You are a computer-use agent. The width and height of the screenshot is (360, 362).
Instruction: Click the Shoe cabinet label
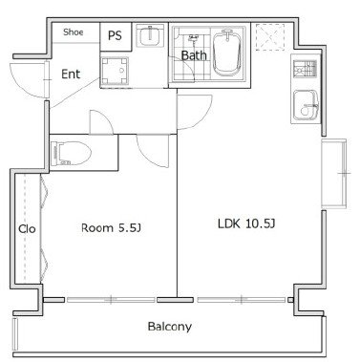coord(74,32)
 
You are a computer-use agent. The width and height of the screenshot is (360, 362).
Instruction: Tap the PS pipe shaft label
coord(115,35)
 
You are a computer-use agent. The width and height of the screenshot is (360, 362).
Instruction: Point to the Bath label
coord(194,55)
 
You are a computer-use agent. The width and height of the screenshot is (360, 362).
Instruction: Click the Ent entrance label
coord(71,75)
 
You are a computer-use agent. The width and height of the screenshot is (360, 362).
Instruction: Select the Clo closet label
coord(27,229)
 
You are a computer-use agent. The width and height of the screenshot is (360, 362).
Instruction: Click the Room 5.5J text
coord(111,228)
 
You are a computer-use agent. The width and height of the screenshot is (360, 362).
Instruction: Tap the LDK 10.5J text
coord(246,224)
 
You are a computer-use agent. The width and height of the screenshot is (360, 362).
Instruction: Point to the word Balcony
coord(170,327)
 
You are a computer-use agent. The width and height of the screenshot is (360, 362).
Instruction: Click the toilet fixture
coord(71,153)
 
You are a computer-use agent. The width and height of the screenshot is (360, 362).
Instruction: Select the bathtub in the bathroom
coord(226,53)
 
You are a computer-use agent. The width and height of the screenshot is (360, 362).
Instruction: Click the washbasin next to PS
coord(150,36)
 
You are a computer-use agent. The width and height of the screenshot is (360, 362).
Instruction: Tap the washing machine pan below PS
coord(115,72)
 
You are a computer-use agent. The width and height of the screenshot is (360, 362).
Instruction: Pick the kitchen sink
coord(305,105)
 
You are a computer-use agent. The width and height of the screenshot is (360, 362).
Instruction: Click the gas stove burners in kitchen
coord(305,69)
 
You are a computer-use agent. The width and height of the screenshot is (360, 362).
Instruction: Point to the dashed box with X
coord(270,37)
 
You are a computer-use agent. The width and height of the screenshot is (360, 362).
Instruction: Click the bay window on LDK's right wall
coord(334,174)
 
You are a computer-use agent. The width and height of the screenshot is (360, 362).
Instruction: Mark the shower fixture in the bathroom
coord(193,38)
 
